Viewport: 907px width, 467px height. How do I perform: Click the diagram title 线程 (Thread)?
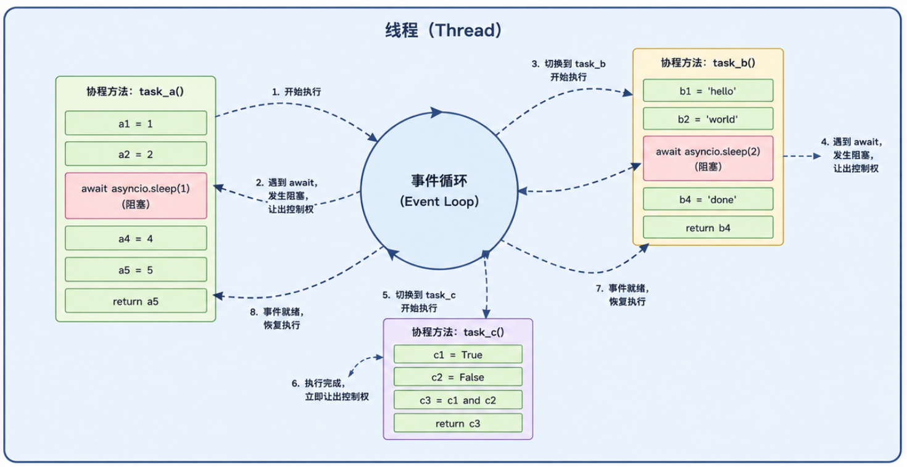(443, 30)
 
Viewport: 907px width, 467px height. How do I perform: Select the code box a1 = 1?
(136, 123)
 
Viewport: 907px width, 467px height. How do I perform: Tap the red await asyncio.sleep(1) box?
(136, 196)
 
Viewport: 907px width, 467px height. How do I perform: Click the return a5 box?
(136, 300)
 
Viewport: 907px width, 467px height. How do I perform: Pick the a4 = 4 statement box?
(136, 238)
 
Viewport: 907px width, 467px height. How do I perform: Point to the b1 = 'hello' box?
(708, 91)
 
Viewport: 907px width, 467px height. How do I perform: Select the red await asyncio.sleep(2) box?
(708, 158)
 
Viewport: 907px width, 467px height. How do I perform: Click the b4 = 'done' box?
(708, 199)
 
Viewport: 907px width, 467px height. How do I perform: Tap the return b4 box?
(708, 228)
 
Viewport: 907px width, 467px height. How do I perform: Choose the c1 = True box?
(458, 355)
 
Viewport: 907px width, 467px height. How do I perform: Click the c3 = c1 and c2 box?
(458, 400)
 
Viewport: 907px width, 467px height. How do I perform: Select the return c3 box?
(458, 423)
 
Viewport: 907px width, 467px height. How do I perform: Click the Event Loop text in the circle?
(439, 202)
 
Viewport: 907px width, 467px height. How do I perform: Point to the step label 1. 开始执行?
(296, 92)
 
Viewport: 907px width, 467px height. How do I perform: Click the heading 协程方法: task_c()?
(458, 333)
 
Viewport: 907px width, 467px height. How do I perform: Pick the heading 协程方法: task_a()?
(135, 91)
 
